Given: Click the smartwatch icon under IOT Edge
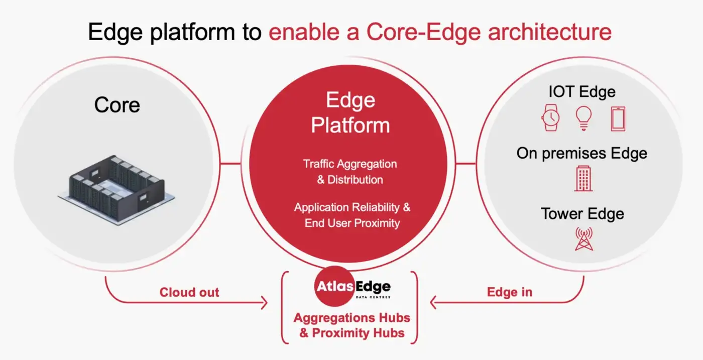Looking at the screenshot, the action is tap(551, 117).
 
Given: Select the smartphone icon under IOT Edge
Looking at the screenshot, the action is tap(618, 119).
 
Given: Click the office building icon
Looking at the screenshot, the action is tap(583, 179).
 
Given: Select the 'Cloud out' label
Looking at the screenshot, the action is tap(189, 292).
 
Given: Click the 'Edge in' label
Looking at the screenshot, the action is tap(510, 292).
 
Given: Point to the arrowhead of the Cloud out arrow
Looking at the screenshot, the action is tap(264, 302).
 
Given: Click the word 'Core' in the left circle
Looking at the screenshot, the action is tap(117, 105).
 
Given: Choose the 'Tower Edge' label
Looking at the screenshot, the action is tap(582, 213).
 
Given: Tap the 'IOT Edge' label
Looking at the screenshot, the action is tap(582, 92).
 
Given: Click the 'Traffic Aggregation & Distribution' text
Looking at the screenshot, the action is tap(350, 172).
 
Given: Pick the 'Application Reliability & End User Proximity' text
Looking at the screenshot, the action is tap(352, 215).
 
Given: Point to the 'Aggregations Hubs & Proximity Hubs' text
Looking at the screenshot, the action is tap(351, 325).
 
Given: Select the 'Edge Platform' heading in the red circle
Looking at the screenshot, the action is tap(350, 112).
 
